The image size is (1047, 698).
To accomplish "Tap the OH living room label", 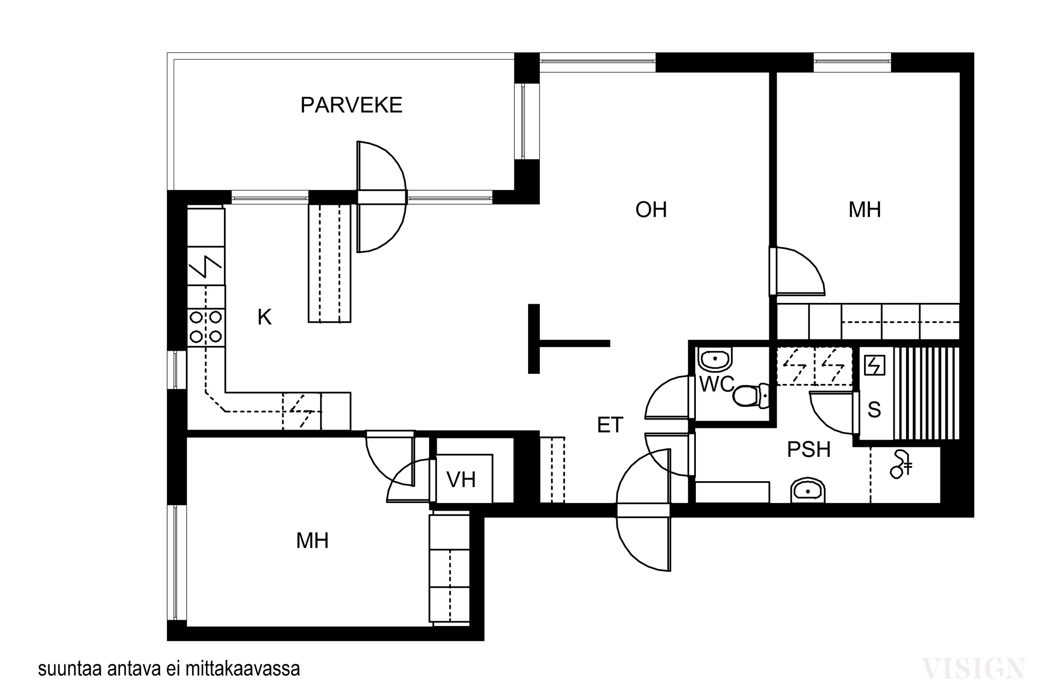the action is pos(651,210).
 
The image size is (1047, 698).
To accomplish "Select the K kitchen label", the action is pos(265,317).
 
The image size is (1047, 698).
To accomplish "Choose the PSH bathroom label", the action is pos(809,450).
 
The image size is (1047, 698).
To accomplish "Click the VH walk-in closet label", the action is pos(461,480).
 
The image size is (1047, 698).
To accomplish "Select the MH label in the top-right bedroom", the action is pos(864,210).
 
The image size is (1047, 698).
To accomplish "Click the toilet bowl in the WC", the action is pos(751,395).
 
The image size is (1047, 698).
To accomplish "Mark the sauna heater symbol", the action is pos(875,365).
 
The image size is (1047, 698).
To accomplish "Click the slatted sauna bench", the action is pos(926,394).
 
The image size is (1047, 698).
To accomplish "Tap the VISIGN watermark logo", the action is pos(974,669).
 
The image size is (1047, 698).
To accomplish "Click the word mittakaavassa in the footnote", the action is pos(243,669).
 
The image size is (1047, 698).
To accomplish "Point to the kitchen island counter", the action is pos(329,263).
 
